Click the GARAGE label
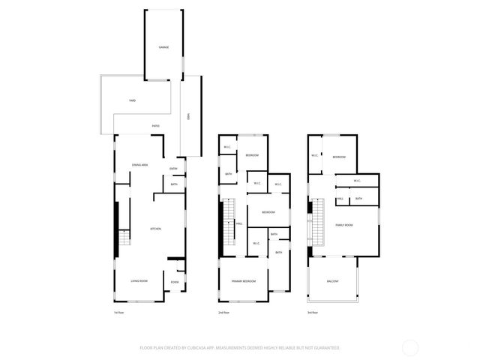coord(163,47)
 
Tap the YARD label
coord(132,100)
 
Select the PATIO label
coord(155,126)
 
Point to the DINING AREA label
coord(139,164)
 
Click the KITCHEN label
coord(156,229)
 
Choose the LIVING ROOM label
coord(139,281)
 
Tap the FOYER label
coord(174,282)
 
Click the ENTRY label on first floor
coord(174,168)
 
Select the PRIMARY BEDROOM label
coord(244,281)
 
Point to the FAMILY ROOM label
coord(344,225)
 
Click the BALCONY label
coord(332,281)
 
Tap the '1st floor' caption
coord(118,312)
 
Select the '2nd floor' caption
coord(223,312)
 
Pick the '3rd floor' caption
coord(312,312)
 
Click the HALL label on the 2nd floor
coord(239,223)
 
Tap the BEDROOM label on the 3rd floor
coord(339,157)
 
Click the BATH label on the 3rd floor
coord(358,199)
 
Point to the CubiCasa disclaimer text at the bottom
coord(240,348)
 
